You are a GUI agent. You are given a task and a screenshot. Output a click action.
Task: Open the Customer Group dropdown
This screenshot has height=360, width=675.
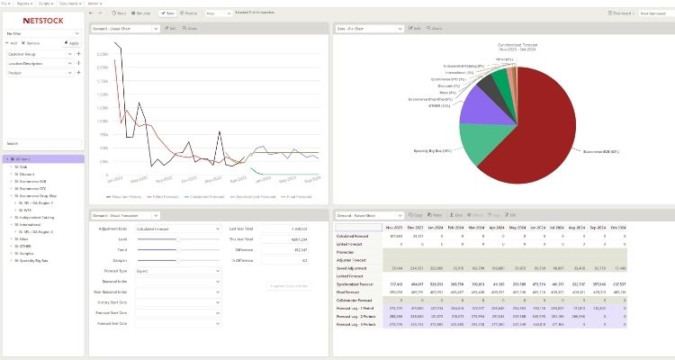(40, 54)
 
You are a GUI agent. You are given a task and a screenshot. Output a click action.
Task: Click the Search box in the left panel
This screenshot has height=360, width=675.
(43, 143)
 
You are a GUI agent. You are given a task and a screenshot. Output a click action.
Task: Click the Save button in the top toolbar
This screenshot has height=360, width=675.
(168, 13)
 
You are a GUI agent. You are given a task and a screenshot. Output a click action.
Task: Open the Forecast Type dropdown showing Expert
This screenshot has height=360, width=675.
(178, 269)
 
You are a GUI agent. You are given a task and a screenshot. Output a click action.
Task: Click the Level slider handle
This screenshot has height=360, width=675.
(178, 238)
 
